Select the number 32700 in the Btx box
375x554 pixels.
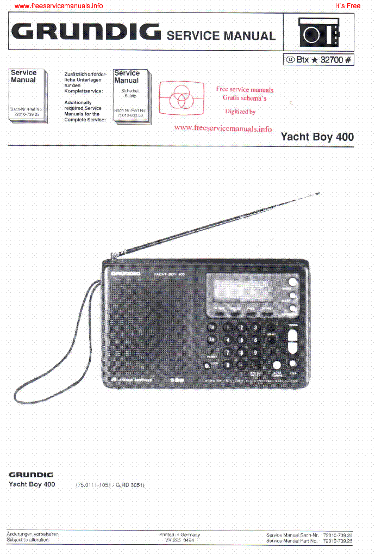[x=332, y=60]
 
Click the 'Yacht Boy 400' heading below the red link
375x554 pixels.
[x=317, y=137]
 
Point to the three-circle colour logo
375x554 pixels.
[x=182, y=99]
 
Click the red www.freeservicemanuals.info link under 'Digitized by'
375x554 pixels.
[x=223, y=128]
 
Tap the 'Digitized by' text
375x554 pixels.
[x=240, y=112]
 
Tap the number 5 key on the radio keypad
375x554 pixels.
[x=241, y=340]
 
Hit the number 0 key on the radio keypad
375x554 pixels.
[x=227, y=365]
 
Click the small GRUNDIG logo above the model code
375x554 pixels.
[x=31, y=475]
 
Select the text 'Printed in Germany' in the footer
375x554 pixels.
[x=179, y=534]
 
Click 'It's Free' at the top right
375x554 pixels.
[x=348, y=6]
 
